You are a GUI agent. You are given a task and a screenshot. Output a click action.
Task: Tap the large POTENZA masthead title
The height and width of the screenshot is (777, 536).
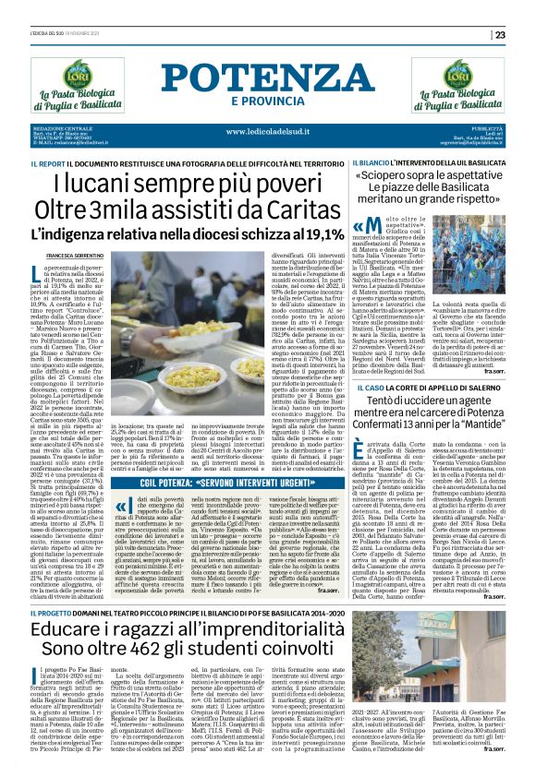click(268, 79)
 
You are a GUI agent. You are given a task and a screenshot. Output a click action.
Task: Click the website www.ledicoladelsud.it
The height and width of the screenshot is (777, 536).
click(268, 132)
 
